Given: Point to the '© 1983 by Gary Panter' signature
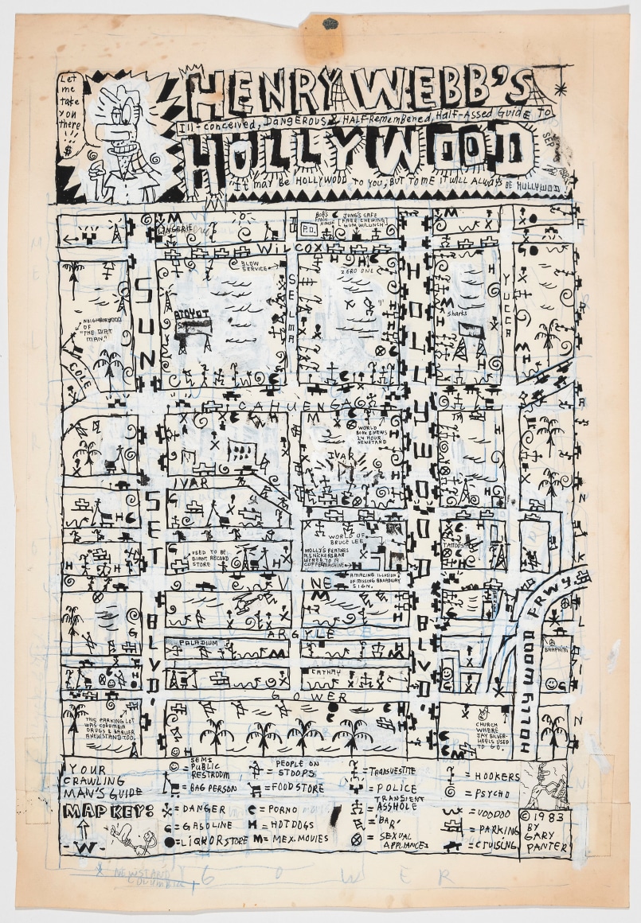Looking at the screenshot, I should [x=545, y=831].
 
